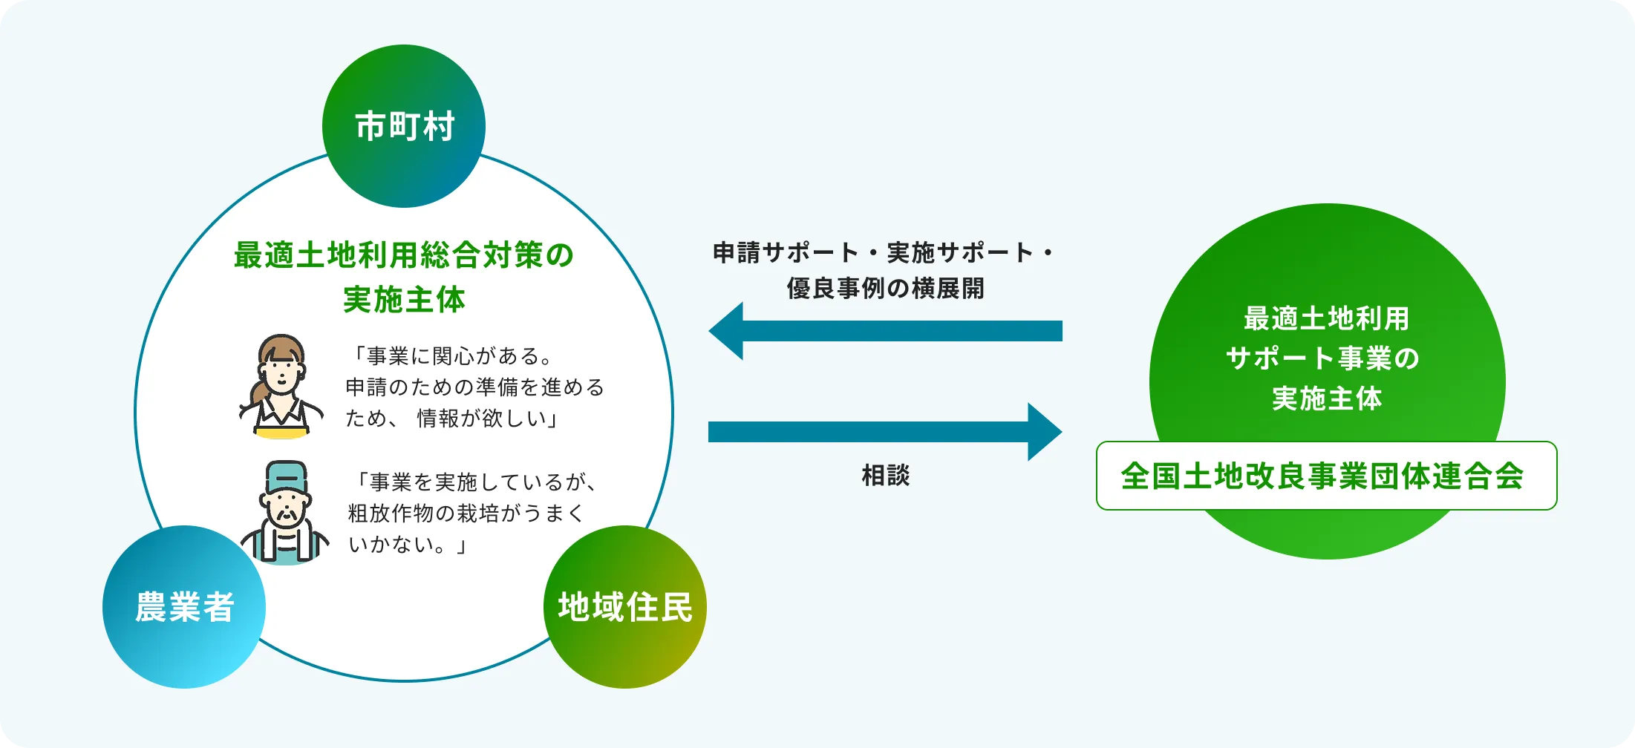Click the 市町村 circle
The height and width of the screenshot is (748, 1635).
(x=404, y=126)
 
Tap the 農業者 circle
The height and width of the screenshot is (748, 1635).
(x=184, y=607)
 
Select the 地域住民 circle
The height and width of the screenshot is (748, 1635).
(x=625, y=607)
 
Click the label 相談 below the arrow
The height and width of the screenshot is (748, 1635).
(x=885, y=476)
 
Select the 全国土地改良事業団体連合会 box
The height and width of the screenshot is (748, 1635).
(x=1326, y=476)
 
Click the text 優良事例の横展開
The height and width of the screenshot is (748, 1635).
(x=885, y=288)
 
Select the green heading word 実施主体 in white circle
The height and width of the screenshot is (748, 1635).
(x=404, y=300)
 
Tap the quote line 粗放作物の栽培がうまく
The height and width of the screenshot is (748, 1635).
(x=466, y=514)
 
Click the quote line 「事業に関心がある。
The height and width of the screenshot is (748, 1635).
(x=453, y=356)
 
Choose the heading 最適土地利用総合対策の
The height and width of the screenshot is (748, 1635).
(x=404, y=255)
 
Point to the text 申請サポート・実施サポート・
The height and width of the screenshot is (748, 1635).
(x=884, y=253)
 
